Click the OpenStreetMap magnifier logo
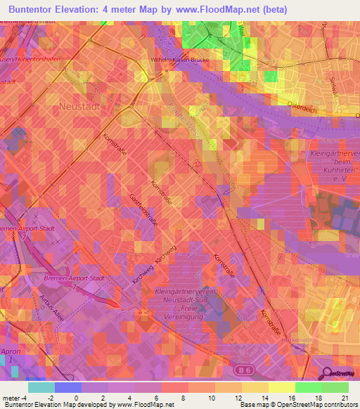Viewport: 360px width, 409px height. pos(325,373)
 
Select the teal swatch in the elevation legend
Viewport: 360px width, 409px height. pos(41,387)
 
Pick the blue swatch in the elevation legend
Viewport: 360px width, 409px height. pos(67,387)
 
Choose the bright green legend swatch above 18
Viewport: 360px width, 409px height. pos(308,387)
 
